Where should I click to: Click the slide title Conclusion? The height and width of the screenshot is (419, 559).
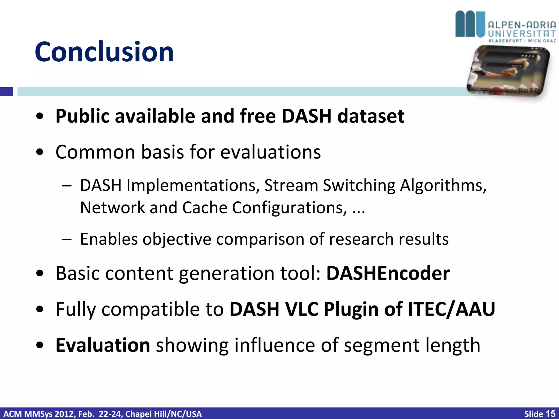[104, 52]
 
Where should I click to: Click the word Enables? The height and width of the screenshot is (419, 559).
[109, 239]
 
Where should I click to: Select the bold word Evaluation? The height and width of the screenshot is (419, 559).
[103, 345]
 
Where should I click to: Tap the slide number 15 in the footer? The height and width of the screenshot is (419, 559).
[550, 414]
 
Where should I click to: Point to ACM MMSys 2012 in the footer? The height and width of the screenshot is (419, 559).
[38, 414]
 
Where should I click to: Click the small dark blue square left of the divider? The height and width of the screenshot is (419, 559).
[7, 92]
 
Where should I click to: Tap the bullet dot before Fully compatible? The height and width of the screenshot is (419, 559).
[40, 309]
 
